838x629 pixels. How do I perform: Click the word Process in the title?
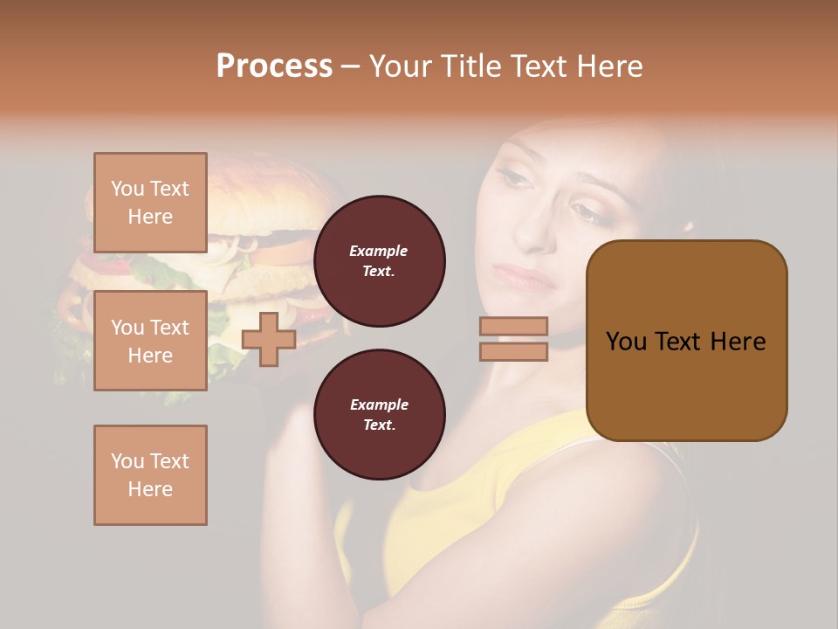pyautogui.click(x=274, y=66)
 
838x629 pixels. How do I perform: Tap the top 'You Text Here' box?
pyautogui.click(x=150, y=203)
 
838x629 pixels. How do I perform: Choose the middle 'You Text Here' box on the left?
pyautogui.click(x=150, y=341)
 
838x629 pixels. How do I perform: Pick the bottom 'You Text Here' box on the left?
pyautogui.click(x=150, y=475)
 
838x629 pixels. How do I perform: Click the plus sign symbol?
pyautogui.click(x=269, y=339)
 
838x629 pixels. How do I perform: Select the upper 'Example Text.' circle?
pyautogui.click(x=379, y=261)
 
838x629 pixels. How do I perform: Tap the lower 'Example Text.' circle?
pyautogui.click(x=379, y=415)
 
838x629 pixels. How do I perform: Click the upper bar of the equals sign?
pyautogui.click(x=513, y=326)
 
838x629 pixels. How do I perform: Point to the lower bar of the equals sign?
pyautogui.click(x=513, y=351)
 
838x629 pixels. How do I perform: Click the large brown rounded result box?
pyautogui.click(x=686, y=341)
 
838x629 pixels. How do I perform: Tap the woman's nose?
pyautogui.click(x=534, y=232)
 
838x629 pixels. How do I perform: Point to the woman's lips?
pyautogui.click(x=524, y=278)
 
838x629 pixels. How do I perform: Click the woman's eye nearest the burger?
pyautogui.click(x=513, y=179)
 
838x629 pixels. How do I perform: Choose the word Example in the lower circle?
pyautogui.click(x=379, y=404)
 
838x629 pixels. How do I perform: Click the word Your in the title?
pyautogui.click(x=400, y=66)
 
